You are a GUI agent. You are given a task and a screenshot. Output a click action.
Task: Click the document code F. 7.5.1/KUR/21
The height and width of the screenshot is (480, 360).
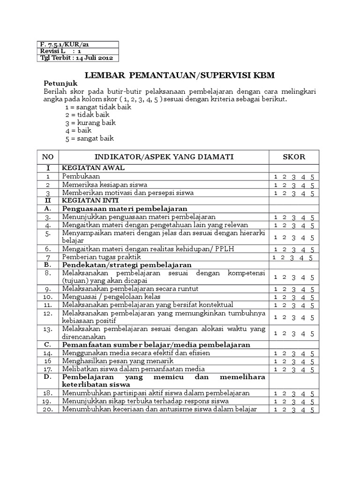click(63, 44)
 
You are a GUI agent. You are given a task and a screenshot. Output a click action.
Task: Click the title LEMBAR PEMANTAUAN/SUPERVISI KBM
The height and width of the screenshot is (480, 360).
click(180, 75)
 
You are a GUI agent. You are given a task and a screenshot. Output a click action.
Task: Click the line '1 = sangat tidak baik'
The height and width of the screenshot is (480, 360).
click(98, 106)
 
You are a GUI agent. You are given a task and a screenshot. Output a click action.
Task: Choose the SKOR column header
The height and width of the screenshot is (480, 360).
click(294, 157)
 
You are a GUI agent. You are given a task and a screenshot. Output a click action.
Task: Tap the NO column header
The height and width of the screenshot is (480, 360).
click(48, 157)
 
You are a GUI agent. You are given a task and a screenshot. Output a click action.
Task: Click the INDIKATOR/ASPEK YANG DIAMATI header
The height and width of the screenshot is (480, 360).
click(164, 157)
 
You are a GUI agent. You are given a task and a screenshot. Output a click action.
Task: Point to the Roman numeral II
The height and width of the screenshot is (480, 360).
click(48, 200)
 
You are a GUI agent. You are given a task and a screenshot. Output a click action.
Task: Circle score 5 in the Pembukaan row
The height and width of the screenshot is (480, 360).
click(313, 177)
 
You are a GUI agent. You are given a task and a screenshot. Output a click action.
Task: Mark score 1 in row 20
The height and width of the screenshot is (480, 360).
click(276, 410)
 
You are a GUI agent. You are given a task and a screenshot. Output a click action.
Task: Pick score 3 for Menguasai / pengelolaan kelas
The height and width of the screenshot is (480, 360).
click(294, 298)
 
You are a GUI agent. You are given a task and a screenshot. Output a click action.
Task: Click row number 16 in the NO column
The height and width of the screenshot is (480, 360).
click(48, 361)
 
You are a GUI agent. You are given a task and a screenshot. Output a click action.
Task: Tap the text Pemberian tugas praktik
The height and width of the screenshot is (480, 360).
click(97, 257)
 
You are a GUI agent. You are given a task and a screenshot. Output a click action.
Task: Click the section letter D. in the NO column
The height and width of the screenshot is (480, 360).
click(48, 377)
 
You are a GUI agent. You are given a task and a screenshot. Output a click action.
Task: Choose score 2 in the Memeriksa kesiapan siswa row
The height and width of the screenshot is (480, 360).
click(285, 185)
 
